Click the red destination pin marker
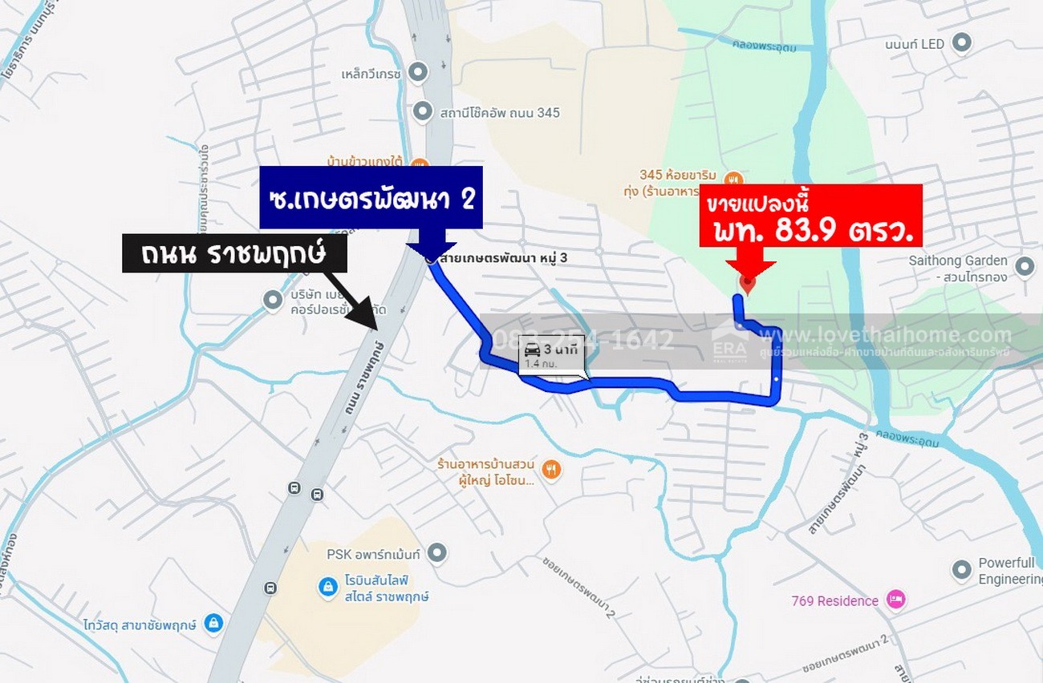(x=748, y=283)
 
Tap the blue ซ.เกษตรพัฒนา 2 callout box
(x=371, y=197)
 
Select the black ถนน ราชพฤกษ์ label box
(x=233, y=253)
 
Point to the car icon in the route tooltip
(x=532, y=350)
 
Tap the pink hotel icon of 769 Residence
(x=895, y=600)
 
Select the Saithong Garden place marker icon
(x=1025, y=267)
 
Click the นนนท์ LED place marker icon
(x=961, y=43)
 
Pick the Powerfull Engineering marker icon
(x=962, y=570)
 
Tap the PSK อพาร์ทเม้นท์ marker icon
(x=436, y=553)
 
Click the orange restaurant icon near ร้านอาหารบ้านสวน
(x=550, y=470)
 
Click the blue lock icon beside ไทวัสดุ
(x=213, y=623)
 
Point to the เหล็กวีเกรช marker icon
(x=418, y=74)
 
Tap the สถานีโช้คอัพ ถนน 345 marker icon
(x=423, y=112)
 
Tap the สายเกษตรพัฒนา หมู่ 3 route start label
(x=520, y=257)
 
